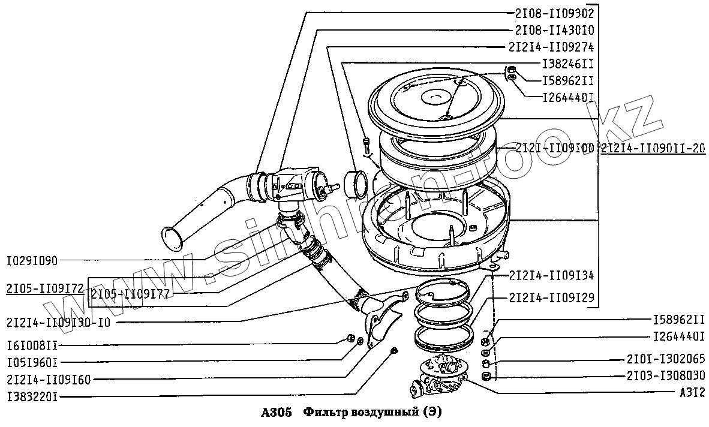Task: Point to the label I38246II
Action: [567, 63]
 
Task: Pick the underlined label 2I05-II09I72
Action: [45, 289]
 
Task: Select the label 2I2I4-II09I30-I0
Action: [58, 321]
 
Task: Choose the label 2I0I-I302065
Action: [665, 359]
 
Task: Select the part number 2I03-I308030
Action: [665, 376]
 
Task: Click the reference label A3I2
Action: [690, 392]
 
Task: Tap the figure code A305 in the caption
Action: [277, 413]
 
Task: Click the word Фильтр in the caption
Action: [326, 413]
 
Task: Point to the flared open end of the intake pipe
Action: [175, 238]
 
